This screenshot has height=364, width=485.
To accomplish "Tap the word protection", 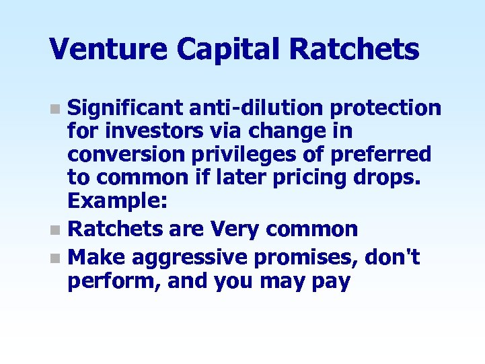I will click(386, 108).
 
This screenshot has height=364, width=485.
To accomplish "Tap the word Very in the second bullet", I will click(235, 229).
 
